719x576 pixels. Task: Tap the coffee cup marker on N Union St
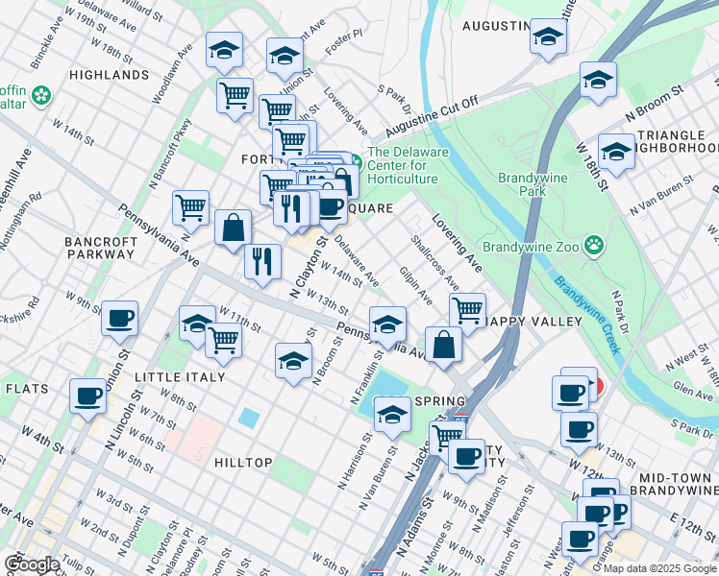[120, 319]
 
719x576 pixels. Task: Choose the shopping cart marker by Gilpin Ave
[467, 309]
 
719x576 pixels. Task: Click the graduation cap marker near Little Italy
[197, 323]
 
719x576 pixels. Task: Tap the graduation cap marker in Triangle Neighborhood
[616, 151]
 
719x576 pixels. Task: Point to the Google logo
[32, 564]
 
